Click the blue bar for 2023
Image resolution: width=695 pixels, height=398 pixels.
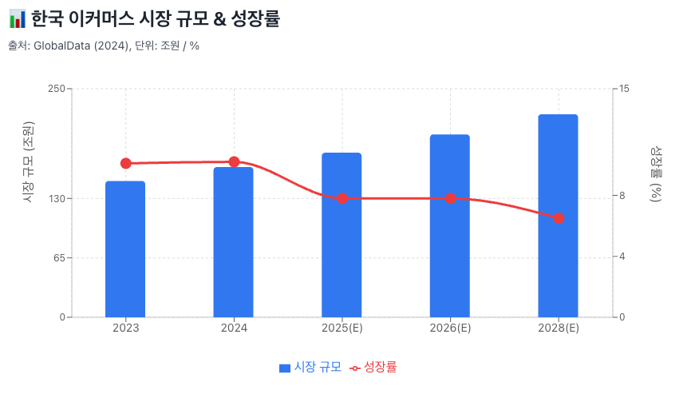tap(125, 249)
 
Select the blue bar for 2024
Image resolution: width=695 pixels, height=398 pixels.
tap(233, 242)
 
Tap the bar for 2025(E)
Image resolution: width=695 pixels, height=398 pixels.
tap(342, 235)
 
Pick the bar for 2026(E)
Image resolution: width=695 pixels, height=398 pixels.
tap(450, 226)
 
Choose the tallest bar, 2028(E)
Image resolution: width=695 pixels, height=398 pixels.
tap(558, 216)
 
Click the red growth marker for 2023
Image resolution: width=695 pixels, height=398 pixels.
tap(125, 163)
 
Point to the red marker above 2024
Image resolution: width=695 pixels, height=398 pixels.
tap(234, 162)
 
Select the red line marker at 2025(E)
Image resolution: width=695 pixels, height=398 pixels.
tap(342, 198)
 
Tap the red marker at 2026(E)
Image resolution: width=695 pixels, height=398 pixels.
tap(450, 198)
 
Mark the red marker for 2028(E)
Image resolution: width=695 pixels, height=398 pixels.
tap(559, 218)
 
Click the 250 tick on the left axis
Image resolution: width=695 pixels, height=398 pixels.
tap(55, 88)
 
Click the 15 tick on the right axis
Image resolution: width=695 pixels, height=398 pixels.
tap(625, 88)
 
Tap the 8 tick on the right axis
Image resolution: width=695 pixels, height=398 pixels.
tap(622, 196)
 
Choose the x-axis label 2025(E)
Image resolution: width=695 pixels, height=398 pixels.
tap(342, 328)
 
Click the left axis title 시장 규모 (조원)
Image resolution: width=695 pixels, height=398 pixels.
tap(29, 162)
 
